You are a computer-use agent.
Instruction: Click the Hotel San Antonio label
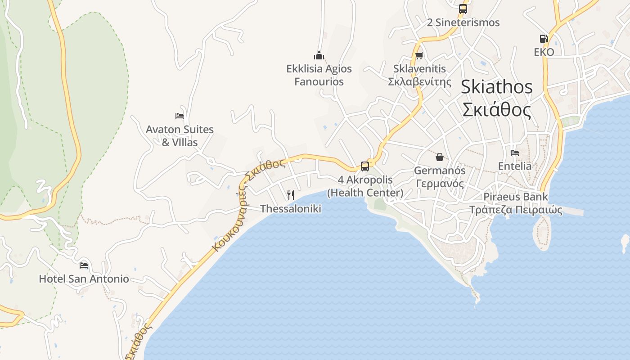(x=84, y=279)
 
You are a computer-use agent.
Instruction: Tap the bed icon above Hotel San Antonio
(x=84, y=265)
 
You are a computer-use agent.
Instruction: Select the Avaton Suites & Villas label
(x=180, y=136)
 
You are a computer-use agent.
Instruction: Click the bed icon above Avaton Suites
(x=180, y=116)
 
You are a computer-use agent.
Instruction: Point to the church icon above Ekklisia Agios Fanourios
(x=319, y=55)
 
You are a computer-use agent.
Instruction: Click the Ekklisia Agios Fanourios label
(x=319, y=75)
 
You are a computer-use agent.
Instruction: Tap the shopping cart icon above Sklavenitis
(x=419, y=56)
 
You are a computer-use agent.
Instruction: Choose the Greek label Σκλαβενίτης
(x=419, y=82)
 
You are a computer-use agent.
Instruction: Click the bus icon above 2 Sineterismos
(x=463, y=9)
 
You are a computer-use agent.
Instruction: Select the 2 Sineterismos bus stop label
(x=463, y=22)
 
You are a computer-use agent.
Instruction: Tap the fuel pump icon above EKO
(x=544, y=39)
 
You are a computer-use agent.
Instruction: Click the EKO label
(x=544, y=52)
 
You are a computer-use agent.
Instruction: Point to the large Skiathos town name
(x=496, y=87)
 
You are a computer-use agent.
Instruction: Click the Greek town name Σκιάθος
(x=496, y=109)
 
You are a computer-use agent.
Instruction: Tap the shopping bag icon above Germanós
(x=439, y=157)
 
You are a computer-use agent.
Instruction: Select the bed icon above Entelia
(x=515, y=153)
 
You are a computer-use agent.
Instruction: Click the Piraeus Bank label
(x=516, y=197)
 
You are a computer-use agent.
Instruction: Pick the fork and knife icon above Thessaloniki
(x=291, y=195)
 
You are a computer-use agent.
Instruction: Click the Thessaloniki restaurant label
(x=291, y=209)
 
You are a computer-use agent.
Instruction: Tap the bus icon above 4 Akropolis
(x=365, y=166)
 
